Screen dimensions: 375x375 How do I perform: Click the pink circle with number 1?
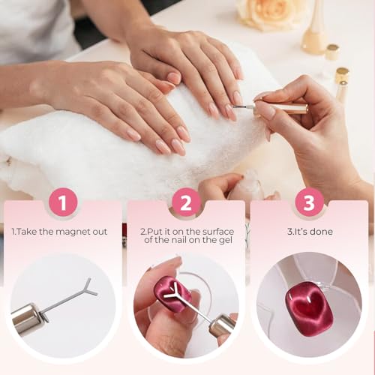coord(63,202)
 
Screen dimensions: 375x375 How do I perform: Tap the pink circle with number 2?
coord(186,202)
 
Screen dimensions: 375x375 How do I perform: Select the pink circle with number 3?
coord(309,202)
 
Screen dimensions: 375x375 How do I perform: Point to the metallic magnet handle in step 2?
coord(221,324)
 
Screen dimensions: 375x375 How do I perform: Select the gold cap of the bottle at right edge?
coord(343,75)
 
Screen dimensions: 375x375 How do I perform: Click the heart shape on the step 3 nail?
coord(309,304)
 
